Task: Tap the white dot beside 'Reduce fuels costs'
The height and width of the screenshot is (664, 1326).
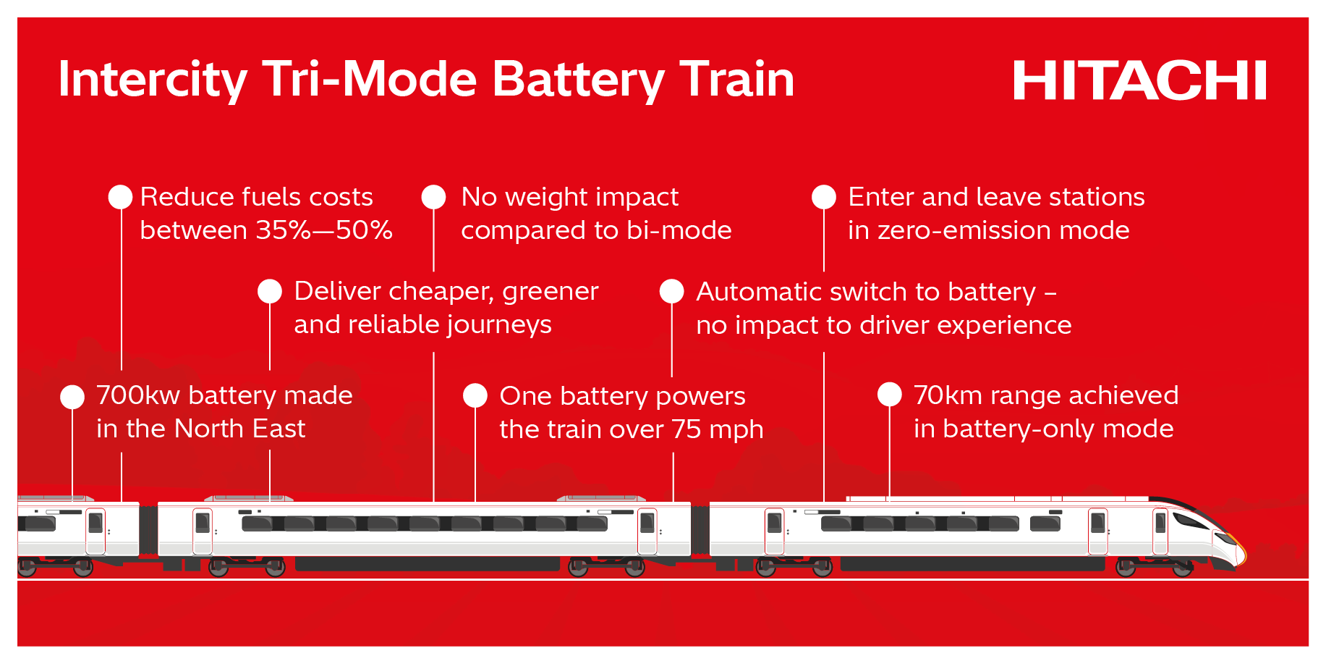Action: [120, 197]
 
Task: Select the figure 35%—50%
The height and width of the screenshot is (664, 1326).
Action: [324, 230]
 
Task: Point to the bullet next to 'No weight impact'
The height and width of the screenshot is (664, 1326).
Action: [433, 197]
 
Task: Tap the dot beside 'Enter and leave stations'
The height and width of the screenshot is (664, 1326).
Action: [824, 197]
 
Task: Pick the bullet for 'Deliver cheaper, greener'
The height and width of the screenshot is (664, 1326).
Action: [270, 291]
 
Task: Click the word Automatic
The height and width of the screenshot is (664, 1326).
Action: [759, 292]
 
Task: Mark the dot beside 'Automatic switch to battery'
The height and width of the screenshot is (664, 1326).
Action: [672, 291]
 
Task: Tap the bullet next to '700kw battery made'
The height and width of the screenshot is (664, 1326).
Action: [72, 396]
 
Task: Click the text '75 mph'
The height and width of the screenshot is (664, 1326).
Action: [717, 429]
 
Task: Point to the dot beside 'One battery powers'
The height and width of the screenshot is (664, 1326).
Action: [475, 395]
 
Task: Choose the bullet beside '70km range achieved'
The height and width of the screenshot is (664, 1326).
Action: [890, 395]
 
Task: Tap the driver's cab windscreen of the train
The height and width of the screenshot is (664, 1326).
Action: [1191, 520]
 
